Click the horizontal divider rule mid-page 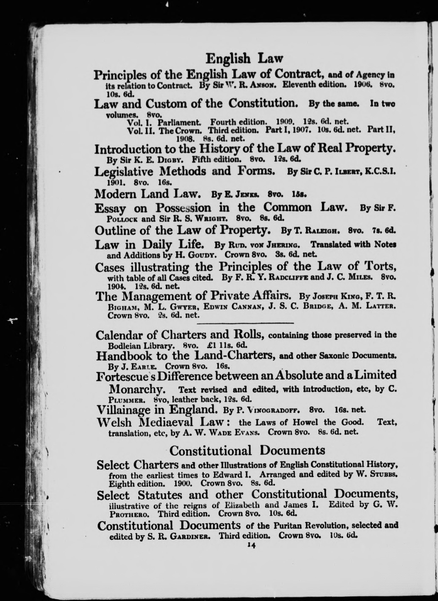(x=245, y=323)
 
